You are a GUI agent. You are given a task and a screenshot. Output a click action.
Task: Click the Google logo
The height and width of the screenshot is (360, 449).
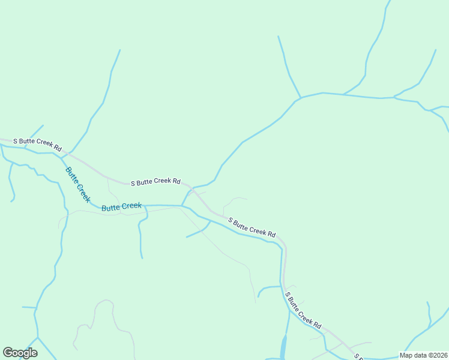point(20,353)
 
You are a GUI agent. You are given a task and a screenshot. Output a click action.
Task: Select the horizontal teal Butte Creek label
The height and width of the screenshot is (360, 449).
point(122,207)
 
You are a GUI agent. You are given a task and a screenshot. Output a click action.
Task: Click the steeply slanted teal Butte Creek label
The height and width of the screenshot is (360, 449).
point(78,185)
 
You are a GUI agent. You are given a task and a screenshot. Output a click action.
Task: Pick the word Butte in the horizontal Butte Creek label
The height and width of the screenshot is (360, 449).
point(111,208)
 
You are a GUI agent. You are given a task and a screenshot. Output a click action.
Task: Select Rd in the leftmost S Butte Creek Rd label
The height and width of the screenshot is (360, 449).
point(58,147)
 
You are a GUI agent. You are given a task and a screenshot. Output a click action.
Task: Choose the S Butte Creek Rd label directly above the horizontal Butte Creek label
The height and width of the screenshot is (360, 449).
point(155,181)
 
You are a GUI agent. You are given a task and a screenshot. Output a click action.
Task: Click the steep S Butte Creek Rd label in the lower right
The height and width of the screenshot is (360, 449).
point(303,311)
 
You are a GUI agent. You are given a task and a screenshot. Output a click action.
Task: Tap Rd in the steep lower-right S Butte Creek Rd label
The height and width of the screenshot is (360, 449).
point(317,325)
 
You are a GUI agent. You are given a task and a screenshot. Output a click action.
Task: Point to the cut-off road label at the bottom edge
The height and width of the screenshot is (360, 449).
point(358,357)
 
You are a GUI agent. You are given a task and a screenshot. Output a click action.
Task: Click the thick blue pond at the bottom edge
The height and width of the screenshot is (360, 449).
point(283,348)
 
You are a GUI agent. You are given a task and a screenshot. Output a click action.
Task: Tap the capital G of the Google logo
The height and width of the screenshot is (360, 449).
point(8,353)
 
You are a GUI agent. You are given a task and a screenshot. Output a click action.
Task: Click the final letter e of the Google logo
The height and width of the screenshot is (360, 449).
point(34,353)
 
